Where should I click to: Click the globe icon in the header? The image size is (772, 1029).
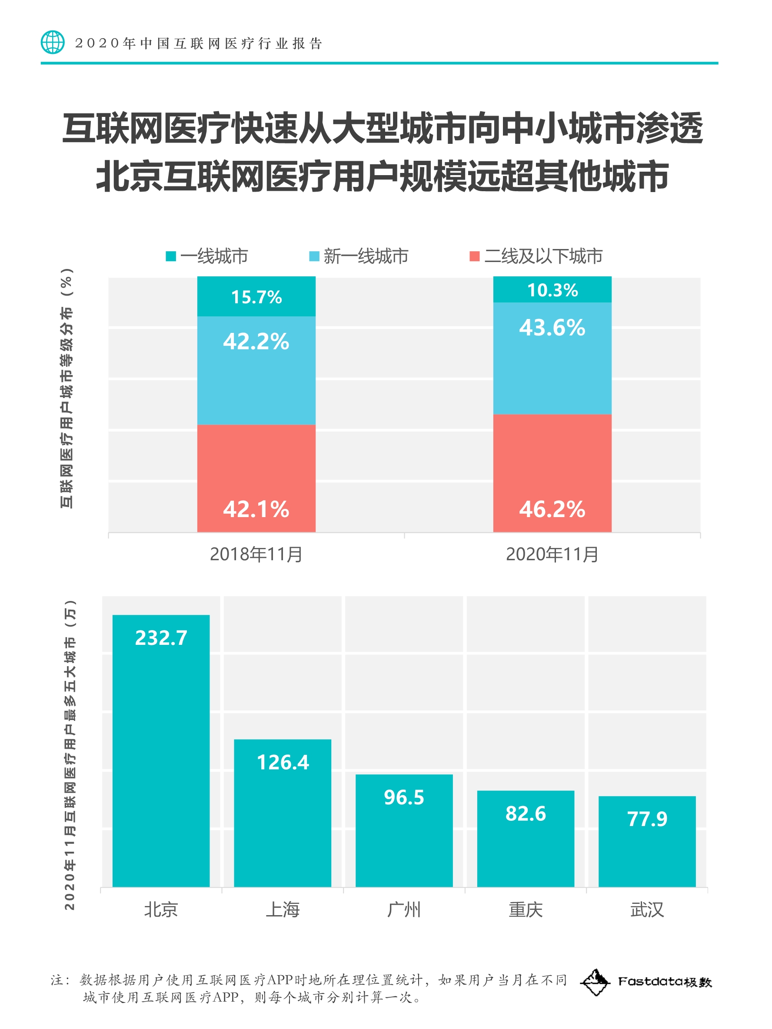53,42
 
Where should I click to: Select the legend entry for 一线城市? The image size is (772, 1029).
207,256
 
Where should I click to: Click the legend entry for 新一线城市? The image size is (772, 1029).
359,256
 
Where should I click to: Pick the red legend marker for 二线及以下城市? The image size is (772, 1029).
474,256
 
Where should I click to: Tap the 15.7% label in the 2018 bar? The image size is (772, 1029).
256,297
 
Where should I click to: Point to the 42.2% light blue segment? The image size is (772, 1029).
256,370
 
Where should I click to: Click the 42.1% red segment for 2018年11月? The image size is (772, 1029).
256,478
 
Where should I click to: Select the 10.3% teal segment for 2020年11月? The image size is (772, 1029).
552,290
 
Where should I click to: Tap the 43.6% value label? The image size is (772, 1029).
552,328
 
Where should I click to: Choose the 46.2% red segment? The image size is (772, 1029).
552,473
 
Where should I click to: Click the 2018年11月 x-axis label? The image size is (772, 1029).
256,554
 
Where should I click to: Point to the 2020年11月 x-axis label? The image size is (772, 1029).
552,554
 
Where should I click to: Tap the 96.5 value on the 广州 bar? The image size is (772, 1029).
404,797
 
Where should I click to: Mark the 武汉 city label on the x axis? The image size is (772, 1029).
647,910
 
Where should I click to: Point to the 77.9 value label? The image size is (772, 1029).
647,819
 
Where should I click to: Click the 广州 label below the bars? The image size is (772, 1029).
404,910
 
